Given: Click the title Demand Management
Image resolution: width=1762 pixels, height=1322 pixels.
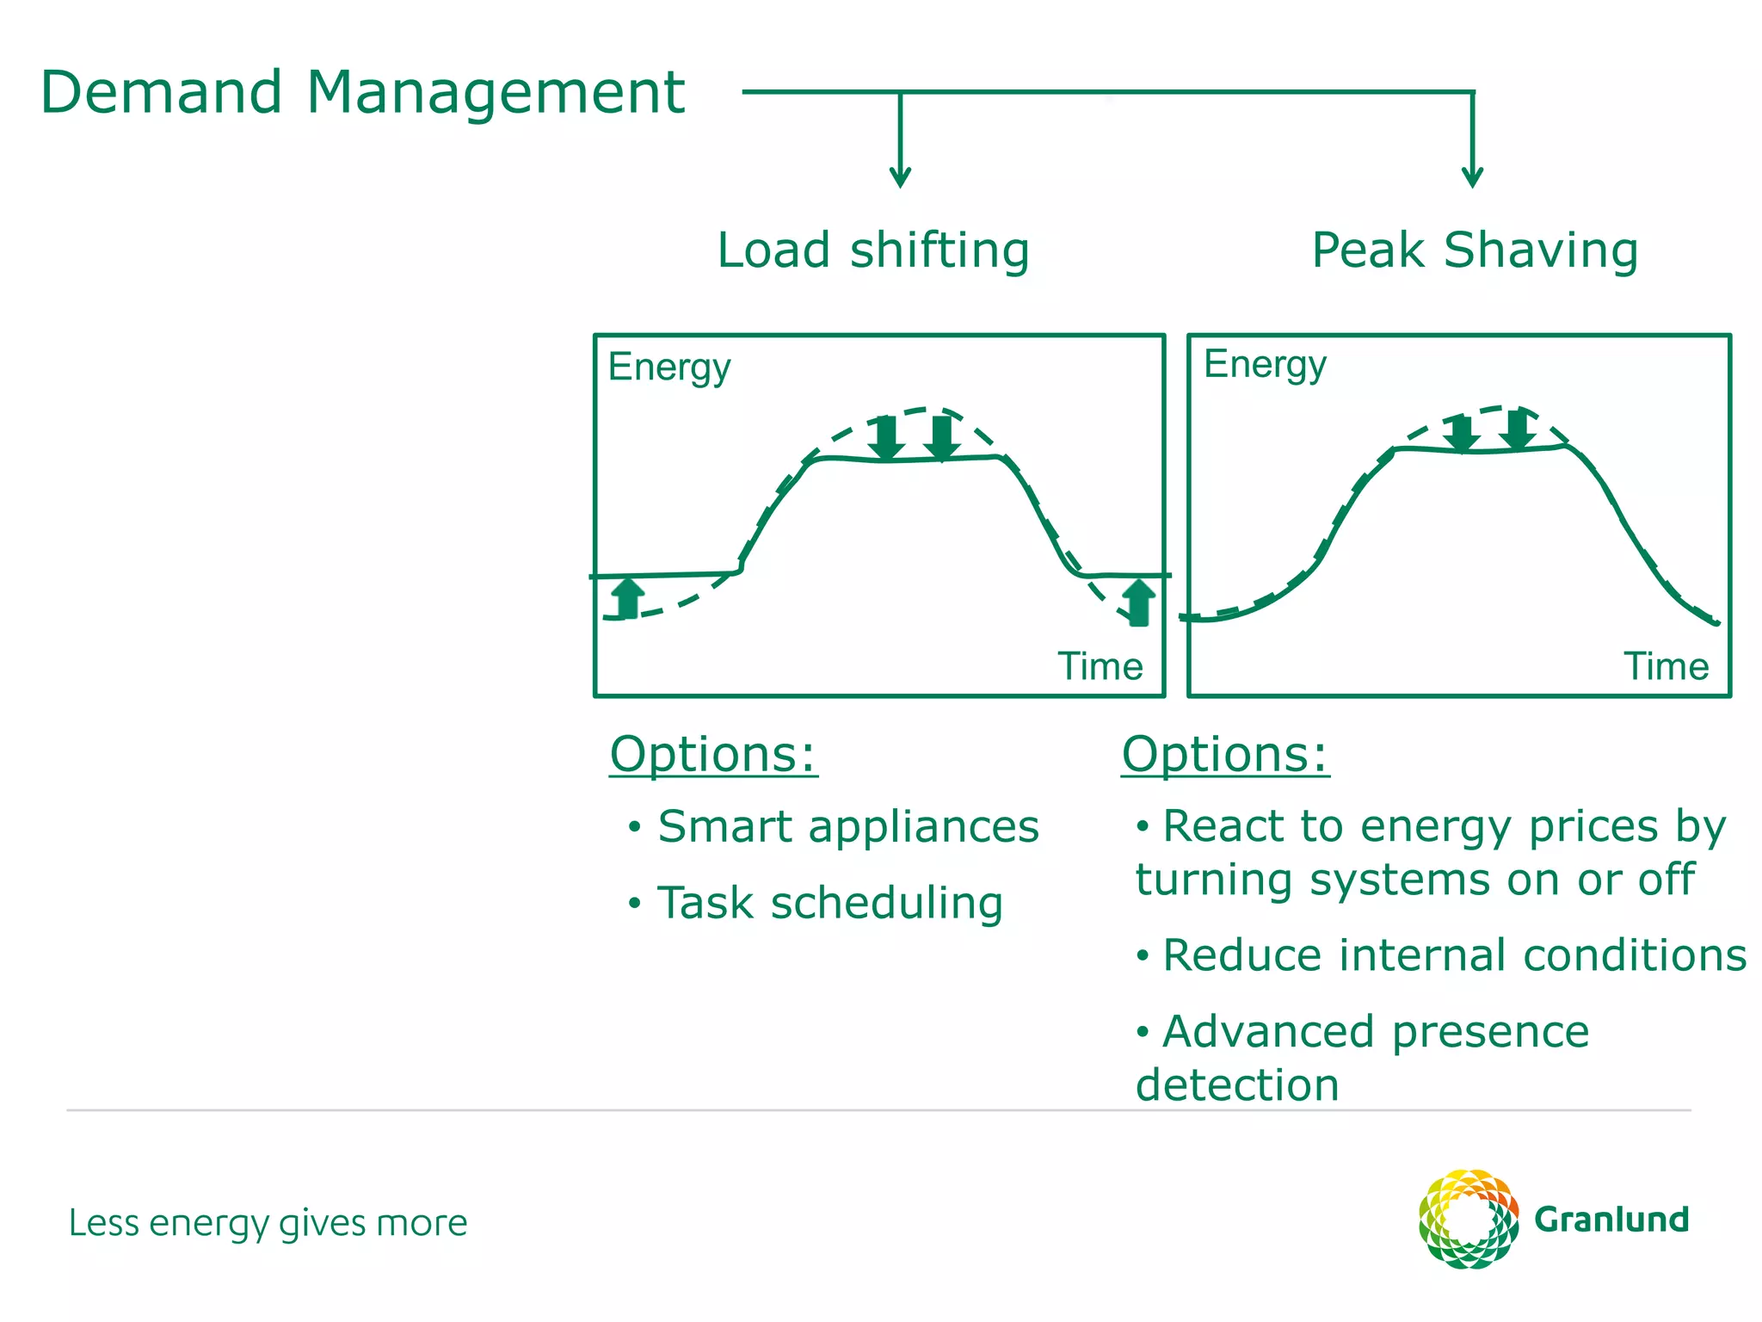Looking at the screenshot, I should tap(362, 92).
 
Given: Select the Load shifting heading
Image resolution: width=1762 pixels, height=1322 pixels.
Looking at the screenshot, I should tap(873, 250).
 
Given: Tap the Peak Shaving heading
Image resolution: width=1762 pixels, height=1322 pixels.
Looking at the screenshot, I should tap(1475, 250).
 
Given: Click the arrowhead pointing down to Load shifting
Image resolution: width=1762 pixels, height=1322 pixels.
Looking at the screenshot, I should tap(900, 177).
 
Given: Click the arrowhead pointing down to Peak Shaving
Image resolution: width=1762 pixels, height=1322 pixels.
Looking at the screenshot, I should tap(1472, 177).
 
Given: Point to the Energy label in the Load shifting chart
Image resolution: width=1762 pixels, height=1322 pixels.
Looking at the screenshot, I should tap(669, 368).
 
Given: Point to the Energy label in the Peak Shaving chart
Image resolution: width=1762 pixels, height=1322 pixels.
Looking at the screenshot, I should tap(1265, 365).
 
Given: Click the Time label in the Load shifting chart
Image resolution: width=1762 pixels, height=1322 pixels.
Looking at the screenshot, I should tap(1100, 666).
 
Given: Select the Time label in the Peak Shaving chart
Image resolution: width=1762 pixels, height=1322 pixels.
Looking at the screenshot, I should tap(1666, 666).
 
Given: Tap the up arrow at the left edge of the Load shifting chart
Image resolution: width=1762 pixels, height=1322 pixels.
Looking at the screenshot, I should tap(629, 597).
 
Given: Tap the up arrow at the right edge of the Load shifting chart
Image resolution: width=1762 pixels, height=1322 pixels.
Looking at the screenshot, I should tap(1138, 602).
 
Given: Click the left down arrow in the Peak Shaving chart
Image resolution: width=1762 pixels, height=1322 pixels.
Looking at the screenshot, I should tap(1460, 433).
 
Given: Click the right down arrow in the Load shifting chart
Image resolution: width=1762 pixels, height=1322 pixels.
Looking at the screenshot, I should tap(942, 438).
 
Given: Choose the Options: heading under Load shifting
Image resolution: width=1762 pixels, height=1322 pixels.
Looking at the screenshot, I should tap(713, 755).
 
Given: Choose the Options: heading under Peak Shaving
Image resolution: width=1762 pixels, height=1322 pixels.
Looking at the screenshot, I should tap(1225, 755).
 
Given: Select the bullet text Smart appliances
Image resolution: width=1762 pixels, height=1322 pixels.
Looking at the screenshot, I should tap(847, 827).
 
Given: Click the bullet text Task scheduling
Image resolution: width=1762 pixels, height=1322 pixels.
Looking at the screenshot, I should tap(829, 904).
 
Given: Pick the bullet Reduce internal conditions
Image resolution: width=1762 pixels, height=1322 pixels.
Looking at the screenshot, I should tap(1454, 955).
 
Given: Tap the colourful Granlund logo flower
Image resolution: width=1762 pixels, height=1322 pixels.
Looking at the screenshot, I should tap(1468, 1219).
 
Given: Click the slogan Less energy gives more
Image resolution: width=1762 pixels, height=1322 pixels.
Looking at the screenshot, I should tap(268, 1223).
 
